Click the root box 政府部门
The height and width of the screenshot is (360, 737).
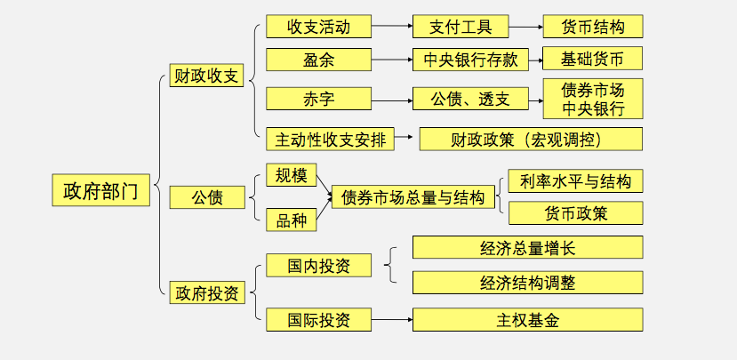(100, 190)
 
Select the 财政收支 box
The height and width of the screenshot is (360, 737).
(206, 76)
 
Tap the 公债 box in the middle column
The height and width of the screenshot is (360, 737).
(206, 197)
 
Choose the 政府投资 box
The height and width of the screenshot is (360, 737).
(206, 292)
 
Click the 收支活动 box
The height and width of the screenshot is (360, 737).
(317, 27)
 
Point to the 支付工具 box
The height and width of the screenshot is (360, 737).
(461, 27)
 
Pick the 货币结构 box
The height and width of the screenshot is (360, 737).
(592, 27)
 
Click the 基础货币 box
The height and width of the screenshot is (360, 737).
(592, 60)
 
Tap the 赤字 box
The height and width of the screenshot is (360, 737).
(317, 98)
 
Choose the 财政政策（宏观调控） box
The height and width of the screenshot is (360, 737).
(530, 139)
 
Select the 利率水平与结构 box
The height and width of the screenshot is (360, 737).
(575, 180)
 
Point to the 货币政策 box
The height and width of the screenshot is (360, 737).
(575, 213)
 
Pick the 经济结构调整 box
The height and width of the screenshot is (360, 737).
(527, 283)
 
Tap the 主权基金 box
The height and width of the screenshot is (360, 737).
(527, 319)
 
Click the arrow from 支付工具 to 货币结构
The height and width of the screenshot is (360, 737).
(526, 27)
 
